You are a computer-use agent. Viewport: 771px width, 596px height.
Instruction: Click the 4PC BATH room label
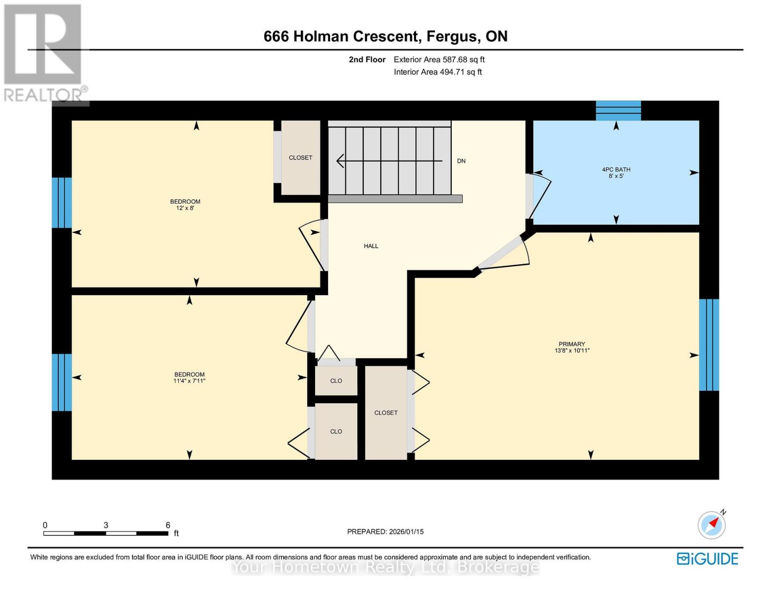pos(616,170)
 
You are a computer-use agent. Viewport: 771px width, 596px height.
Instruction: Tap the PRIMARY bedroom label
pos(571,344)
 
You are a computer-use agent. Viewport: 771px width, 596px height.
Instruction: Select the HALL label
pos(371,246)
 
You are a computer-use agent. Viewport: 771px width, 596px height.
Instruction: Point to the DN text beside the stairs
pos(461,161)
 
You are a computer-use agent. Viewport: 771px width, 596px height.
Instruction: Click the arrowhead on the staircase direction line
pos(340,161)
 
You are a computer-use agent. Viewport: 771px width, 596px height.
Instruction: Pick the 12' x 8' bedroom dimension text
pos(185,208)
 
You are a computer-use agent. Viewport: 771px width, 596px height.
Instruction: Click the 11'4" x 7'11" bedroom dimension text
pos(190,381)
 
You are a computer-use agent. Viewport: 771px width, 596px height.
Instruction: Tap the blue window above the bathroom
pos(618,111)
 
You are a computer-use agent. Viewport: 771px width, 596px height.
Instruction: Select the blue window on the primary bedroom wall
pos(709,345)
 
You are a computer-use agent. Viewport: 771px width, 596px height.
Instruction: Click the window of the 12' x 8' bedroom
pos(62,203)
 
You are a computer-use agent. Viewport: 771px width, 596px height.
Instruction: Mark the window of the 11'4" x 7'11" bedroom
pos(62,382)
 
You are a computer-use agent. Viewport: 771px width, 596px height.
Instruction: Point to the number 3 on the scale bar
pos(106,525)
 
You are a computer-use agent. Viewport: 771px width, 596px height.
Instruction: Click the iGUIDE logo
pos(707,559)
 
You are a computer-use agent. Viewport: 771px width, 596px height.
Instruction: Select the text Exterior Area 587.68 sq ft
pos(439,60)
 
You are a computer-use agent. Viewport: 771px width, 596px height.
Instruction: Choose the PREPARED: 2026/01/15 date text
pos(385,532)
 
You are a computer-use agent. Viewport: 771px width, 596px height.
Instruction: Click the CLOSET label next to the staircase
pos(300,157)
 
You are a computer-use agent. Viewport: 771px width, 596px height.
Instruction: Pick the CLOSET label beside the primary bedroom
pos(386,413)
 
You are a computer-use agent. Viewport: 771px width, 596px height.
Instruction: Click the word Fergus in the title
pos(452,37)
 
